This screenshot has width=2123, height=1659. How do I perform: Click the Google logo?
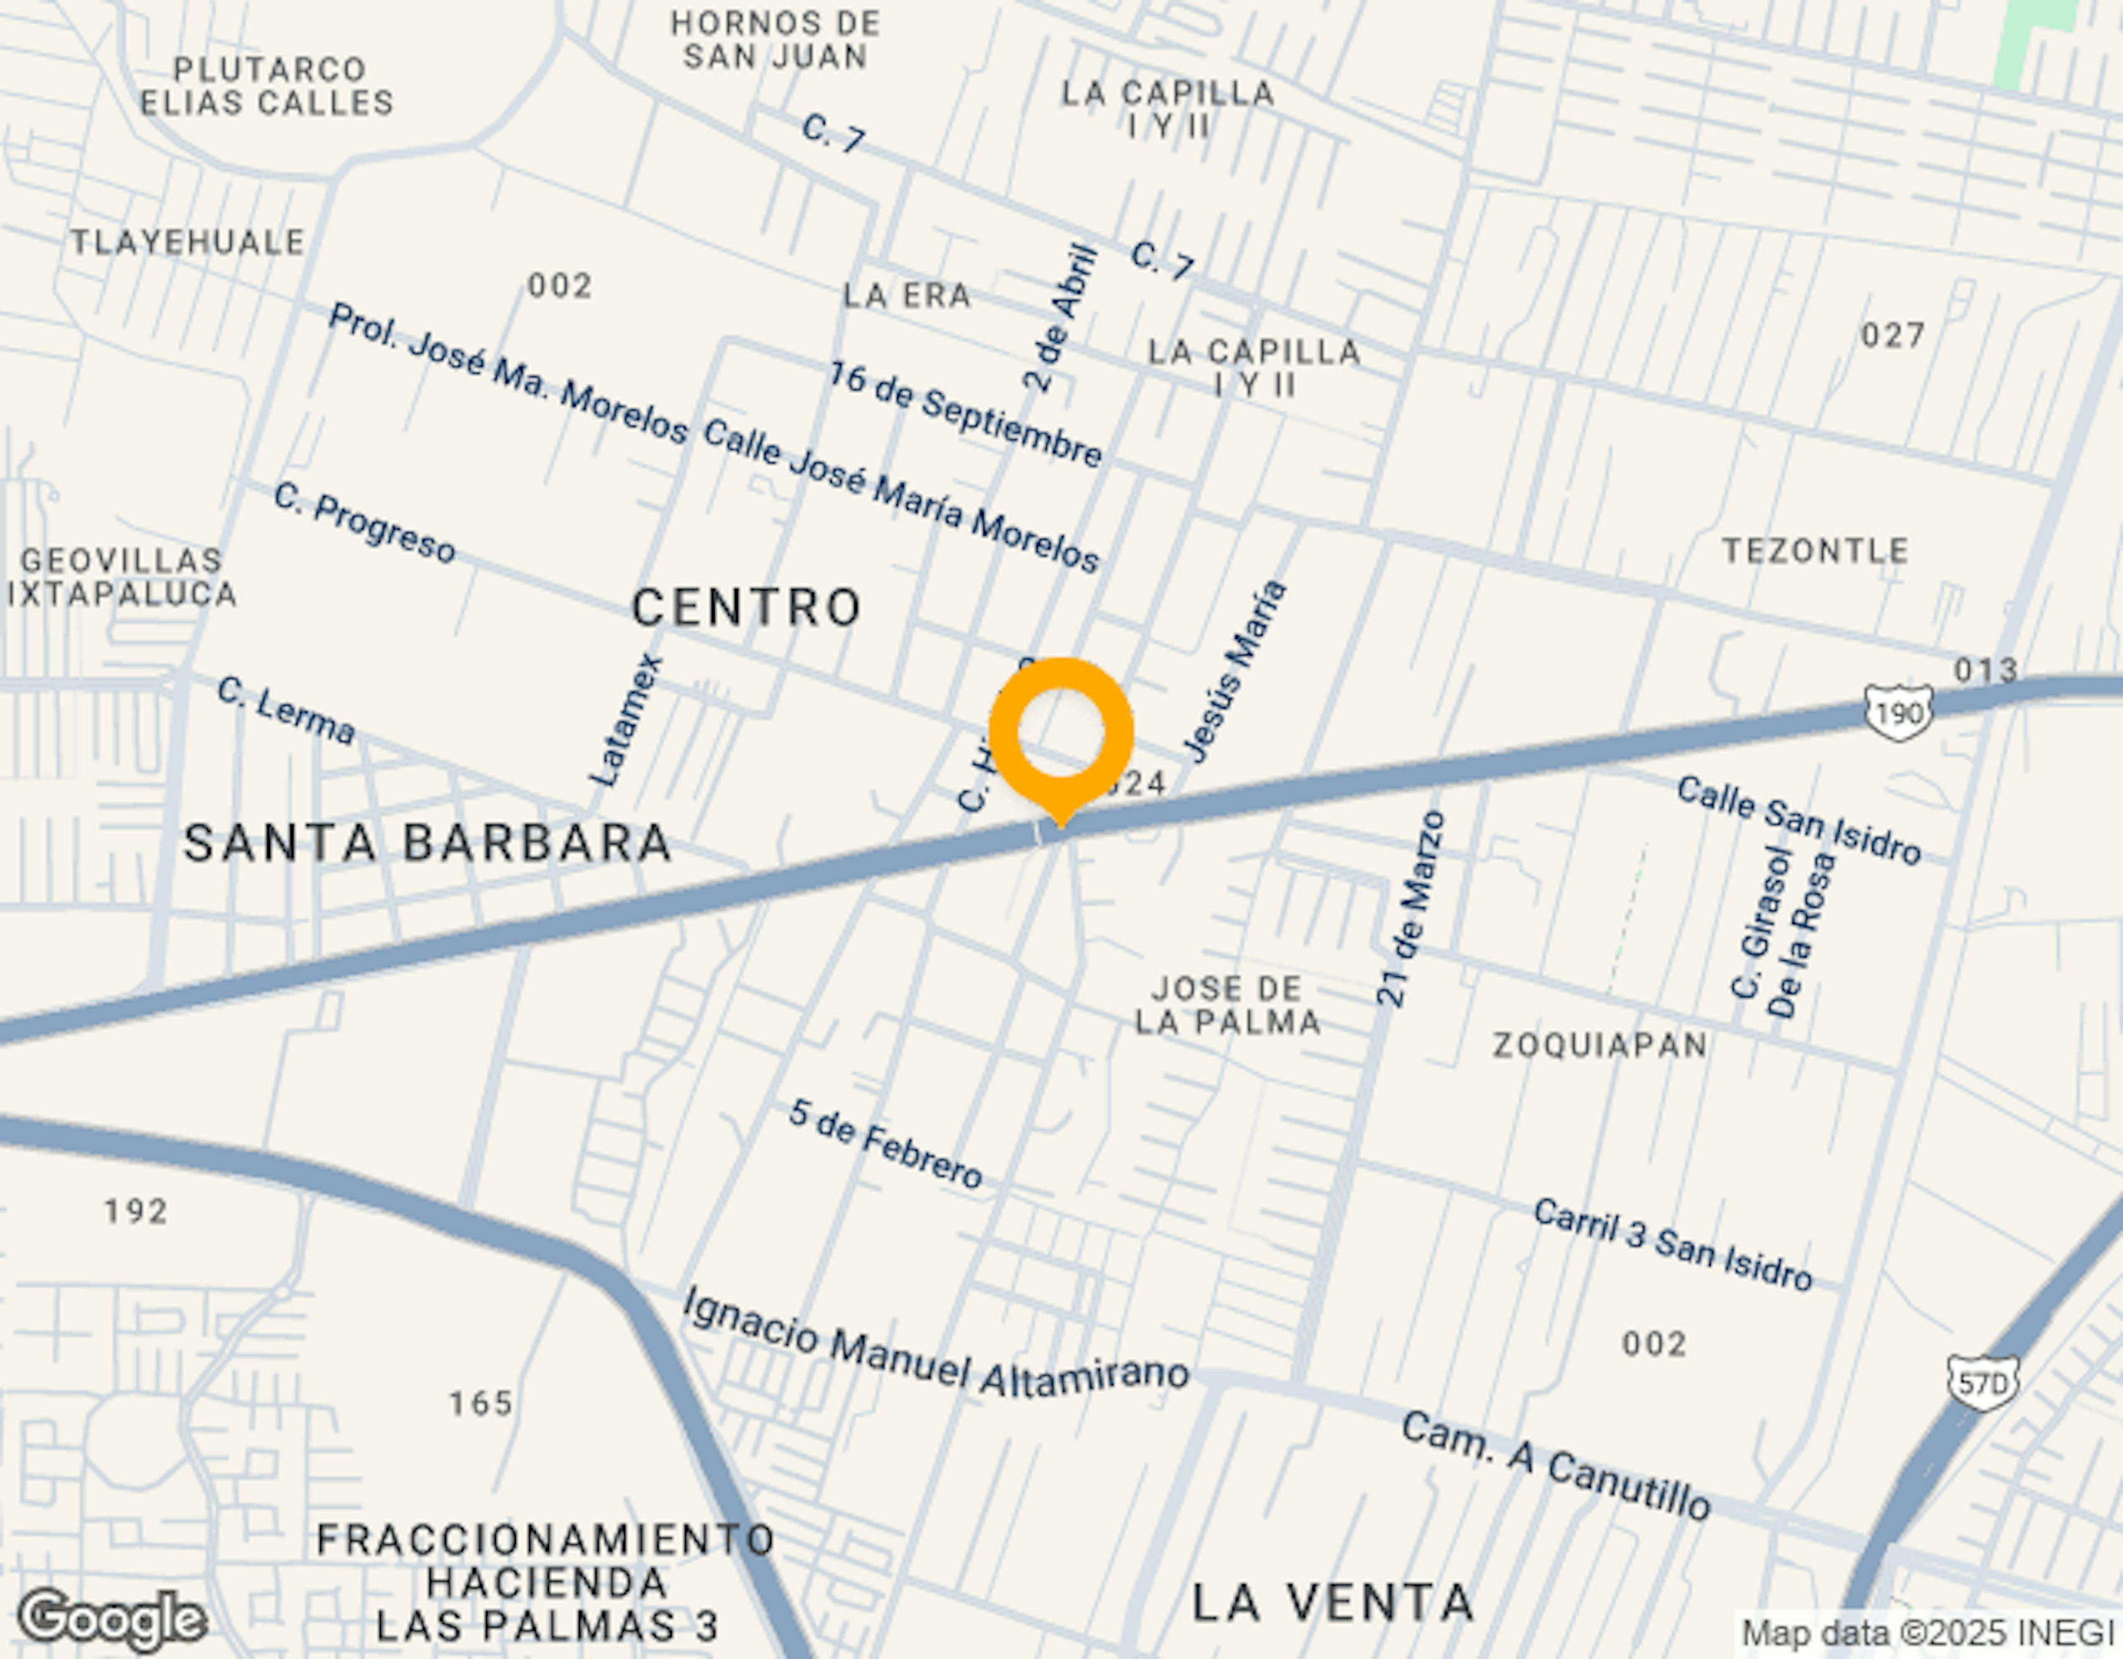112,1619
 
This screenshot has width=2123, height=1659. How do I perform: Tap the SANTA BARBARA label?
428,842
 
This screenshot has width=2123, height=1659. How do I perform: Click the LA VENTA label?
1333,1601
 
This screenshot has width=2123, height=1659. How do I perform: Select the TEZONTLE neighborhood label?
1816,551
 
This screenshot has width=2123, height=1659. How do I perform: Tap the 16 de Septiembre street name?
965,414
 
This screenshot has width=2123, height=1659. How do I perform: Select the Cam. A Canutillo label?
1555,1467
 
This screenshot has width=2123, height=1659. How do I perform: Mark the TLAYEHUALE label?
187,242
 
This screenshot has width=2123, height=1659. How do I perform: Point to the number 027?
1892,336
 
